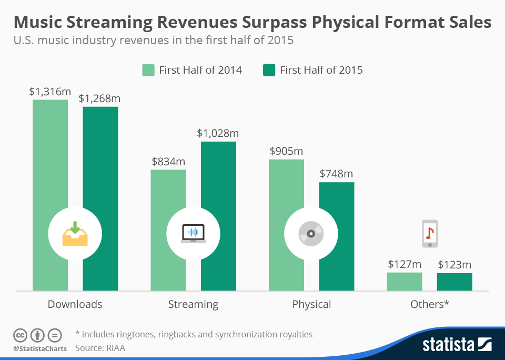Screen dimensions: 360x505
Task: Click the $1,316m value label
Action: coord(50,92)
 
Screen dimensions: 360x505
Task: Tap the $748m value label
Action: coord(337,174)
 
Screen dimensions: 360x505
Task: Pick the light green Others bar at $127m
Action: coord(404,282)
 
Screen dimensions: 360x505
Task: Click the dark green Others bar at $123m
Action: coord(454,282)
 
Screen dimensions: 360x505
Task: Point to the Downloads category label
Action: coord(75,304)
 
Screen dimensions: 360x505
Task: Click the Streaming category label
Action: coord(193,304)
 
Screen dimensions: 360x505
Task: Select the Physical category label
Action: coord(311,304)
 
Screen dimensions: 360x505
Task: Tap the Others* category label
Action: coord(429,304)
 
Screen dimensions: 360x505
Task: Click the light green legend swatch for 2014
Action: coord(148,70)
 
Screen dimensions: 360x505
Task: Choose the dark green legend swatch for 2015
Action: coord(269,70)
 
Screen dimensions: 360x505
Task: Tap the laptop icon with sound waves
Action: coord(193,233)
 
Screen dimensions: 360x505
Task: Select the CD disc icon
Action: coord(311,234)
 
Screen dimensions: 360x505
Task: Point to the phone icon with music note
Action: coord(430,234)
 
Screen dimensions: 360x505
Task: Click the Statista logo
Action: coord(457,345)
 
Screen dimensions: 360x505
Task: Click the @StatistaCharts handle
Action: coord(40,348)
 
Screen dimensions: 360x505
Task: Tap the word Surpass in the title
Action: coord(262,23)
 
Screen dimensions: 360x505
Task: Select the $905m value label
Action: coord(286,151)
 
